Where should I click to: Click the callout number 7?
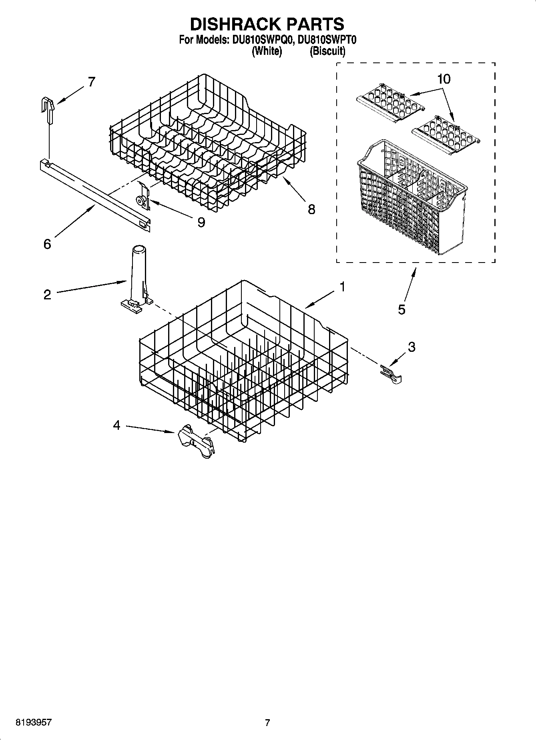(92, 82)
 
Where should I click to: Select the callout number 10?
(444, 79)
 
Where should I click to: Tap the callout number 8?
(311, 209)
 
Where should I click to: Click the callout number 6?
(47, 244)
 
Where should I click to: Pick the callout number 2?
(47, 295)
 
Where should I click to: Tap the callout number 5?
(401, 309)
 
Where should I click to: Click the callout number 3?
(412, 347)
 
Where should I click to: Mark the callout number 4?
(116, 425)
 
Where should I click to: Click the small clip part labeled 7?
(48, 108)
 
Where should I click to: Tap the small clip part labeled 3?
(390, 373)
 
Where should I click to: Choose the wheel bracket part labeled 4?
(195, 442)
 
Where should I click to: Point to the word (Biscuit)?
(327, 51)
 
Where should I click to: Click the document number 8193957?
(33, 722)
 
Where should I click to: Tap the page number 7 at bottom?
(267, 723)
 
